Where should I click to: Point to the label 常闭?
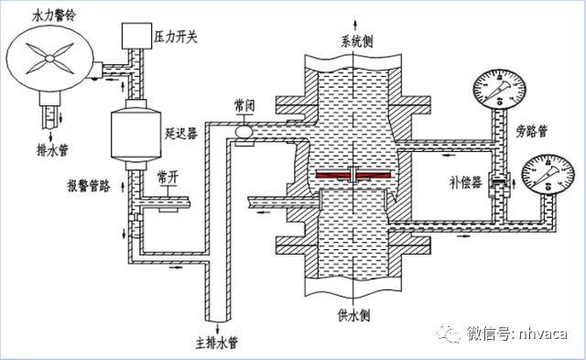(x=245, y=106)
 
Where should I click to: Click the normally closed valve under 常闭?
(x=244, y=133)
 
